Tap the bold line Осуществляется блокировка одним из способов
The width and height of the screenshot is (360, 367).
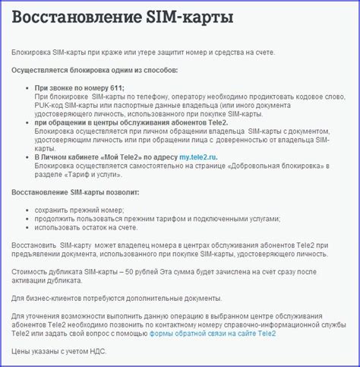pos(93,69)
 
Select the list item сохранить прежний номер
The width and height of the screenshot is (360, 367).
pos(79,209)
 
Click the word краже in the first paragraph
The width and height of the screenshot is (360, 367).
pos(126,51)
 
